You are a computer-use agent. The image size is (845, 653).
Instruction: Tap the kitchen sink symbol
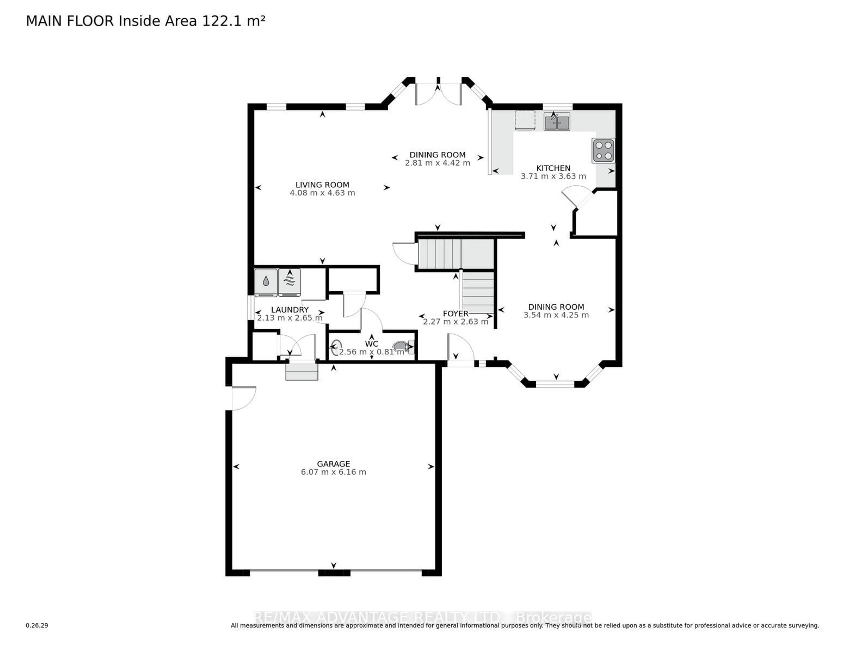click(557, 121)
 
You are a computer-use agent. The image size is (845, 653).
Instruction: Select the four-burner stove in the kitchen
click(603, 151)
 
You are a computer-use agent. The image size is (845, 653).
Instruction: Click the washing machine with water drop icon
click(266, 283)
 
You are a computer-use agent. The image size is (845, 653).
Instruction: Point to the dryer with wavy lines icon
click(289, 283)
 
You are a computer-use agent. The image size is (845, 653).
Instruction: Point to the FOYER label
click(455, 314)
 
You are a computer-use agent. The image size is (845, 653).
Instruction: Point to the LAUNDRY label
click(290, 310)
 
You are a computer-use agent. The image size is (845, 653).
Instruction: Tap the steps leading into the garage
click(302, 371)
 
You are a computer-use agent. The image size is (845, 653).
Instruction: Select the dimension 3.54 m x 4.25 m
click(556, 315)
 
